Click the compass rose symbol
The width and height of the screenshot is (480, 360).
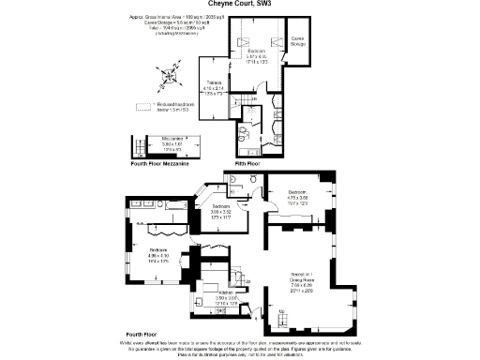(172, 71)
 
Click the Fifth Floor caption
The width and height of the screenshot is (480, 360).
(249, 164)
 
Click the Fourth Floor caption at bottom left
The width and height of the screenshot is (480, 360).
(139, 334)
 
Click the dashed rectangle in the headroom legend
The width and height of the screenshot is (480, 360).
(143, 108)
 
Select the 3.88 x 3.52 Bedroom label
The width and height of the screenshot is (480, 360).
(220, 210)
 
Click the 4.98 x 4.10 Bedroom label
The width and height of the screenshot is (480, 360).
(159, 254)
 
